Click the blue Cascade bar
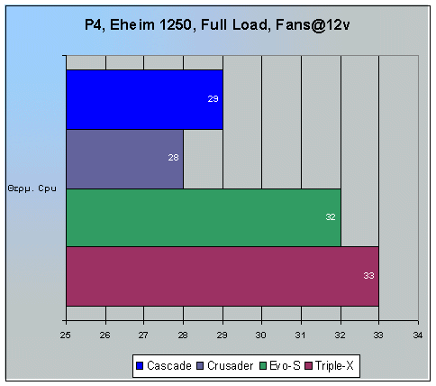(x=144, y=99)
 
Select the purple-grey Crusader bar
(x=124, y=159)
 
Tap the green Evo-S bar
(x=203, y=217)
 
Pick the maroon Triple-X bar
(x=222, y=275)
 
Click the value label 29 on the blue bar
(x=213, y=98)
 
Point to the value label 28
(x=173, y=158)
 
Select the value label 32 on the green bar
(x=331, y=217)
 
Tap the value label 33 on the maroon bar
(x=368, y=275)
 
